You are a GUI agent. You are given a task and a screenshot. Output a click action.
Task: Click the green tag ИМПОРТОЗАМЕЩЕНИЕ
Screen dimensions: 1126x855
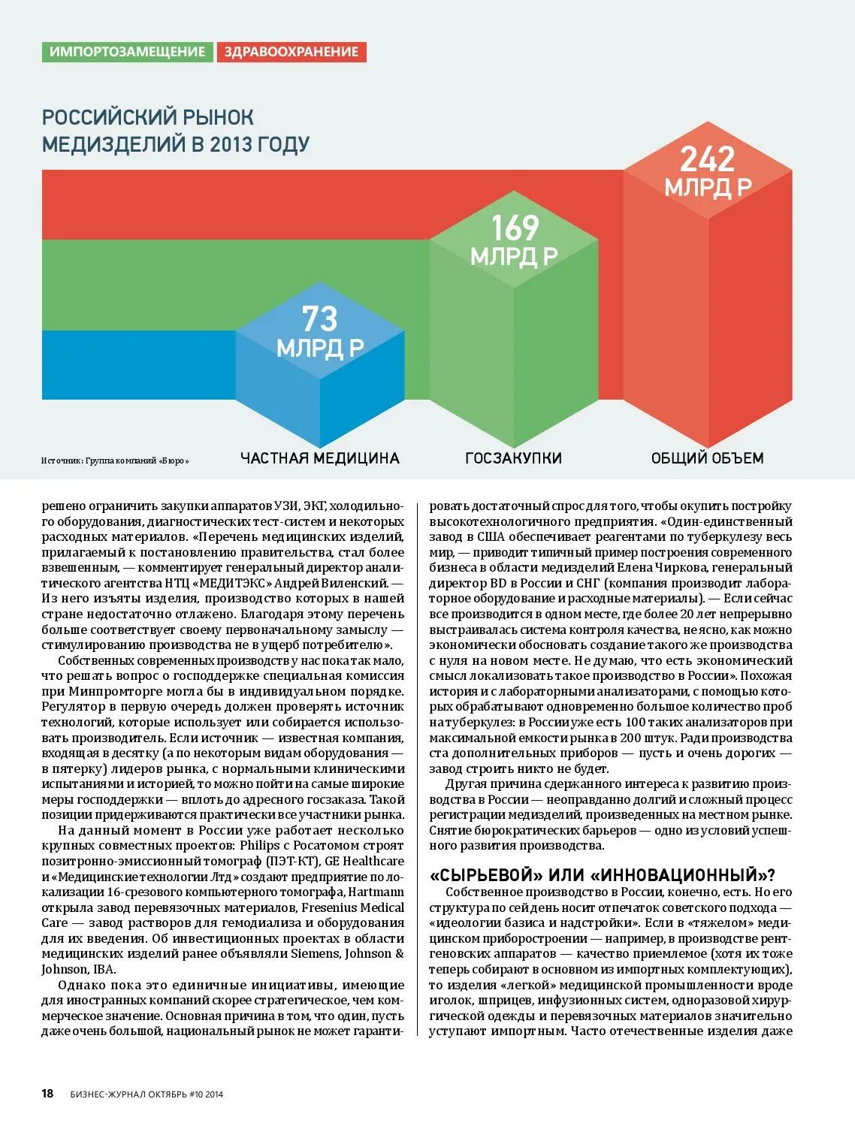[127, 52]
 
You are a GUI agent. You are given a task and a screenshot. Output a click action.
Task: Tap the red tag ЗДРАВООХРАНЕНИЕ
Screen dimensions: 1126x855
[292, 52]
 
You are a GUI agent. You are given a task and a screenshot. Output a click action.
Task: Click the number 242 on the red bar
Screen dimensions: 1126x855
[707, 159]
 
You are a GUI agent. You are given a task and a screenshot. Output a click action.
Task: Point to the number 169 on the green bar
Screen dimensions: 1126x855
[515, 228]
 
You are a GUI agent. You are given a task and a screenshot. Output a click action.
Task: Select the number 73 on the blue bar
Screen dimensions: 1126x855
[319, 319]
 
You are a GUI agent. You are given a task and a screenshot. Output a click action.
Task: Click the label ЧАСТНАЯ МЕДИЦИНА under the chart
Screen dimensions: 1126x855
[319, 458]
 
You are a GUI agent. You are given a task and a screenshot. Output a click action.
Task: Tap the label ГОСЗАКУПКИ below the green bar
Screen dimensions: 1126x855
[513, 458]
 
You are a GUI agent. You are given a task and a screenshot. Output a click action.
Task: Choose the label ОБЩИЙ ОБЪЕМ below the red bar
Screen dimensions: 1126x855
[707, 458]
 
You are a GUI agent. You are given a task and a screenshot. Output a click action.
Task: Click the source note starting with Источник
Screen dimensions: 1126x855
[115, 460]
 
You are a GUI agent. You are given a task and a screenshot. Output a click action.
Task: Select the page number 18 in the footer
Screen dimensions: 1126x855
[47, 1094]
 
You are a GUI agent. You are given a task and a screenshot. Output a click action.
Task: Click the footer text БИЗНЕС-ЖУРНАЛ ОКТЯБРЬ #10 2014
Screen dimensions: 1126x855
[147, 1094]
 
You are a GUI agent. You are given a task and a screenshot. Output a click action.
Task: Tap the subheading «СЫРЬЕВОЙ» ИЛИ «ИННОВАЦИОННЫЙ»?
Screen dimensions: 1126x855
[602, 875]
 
